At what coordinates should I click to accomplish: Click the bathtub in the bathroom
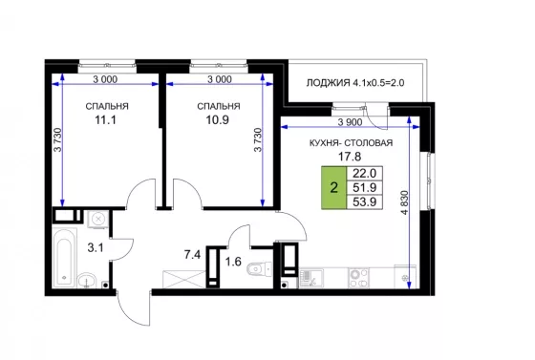click(x=65, y=258)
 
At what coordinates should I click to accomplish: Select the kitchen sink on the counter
click(x=311, y=278)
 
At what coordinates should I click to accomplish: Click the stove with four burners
click(x=358, y=278)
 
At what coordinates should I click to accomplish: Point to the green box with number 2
click(x=333, y=187)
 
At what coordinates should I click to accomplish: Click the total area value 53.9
click(x=364, y=201)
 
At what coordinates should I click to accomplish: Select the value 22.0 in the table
click(x=364, y=174)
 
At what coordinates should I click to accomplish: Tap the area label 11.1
click(x=105, y=120)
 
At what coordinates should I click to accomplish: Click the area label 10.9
click(x=218, y=120)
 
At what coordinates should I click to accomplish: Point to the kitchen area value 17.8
click(x=350, y=157)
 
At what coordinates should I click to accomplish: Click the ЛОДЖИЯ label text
click(x=328, y=83)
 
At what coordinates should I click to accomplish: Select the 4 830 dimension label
click(x=405, y=202)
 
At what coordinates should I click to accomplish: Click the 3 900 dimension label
click(x=350, y=122)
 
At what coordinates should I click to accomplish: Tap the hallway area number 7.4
click(x=192, y=254)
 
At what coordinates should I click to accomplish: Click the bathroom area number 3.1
click(x=96, y=248)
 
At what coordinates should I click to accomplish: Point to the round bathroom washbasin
click(x=87, y=282)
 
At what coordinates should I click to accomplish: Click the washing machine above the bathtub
click(x=98, y=219)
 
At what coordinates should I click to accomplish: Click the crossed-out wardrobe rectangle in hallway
click(x=184, y=280)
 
